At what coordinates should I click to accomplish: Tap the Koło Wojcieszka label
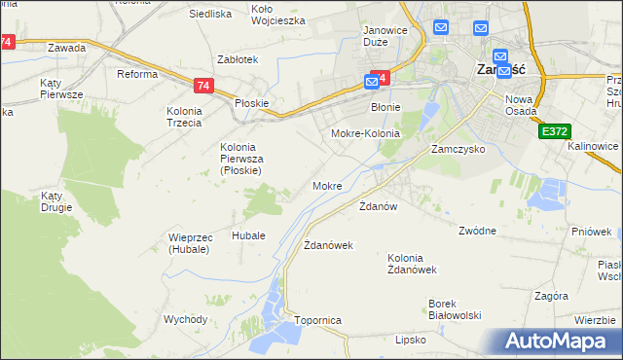(278, 15)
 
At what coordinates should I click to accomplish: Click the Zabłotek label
(238, 59)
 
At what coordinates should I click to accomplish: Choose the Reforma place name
(137, 75)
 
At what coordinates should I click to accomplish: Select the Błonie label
(386, 108)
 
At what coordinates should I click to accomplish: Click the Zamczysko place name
(458, 151)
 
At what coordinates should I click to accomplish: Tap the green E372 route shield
(554, 130)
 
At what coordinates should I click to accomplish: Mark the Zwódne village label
(478, 231)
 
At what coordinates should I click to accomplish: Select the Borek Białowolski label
(456, 308)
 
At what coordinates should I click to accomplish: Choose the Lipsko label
(411, 340)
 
